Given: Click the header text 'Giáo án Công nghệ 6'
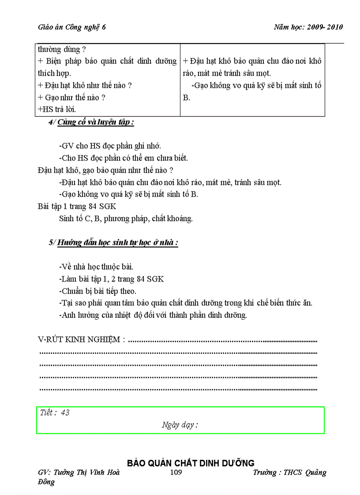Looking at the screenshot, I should pos(72,27).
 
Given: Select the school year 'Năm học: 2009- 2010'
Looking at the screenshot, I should pos(308,27).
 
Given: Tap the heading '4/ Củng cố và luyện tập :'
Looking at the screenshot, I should pos(91,122).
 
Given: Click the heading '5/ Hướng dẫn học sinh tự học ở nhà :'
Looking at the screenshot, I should pos(113,242).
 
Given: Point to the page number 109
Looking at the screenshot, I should pos(176,473).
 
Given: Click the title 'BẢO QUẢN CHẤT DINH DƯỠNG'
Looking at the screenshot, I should pos(191,463).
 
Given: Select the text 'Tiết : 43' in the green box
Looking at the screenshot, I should pos(55,413).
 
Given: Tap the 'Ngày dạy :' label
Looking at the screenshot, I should pos(180,425).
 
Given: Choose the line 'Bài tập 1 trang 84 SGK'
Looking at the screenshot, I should pos(77,206).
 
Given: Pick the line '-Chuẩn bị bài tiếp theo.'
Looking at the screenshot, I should pos(97,291).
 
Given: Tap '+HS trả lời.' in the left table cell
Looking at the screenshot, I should pos(57,109).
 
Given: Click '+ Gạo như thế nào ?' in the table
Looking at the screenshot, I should pos(71,97).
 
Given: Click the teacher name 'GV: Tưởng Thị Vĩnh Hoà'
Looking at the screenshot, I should pos(79,473).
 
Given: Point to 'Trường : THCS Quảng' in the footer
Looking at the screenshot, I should pos(289,473).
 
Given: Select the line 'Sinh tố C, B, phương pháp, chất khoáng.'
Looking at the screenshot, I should pos(126,218).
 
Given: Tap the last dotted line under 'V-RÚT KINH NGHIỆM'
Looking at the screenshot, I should pos(178,389).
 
